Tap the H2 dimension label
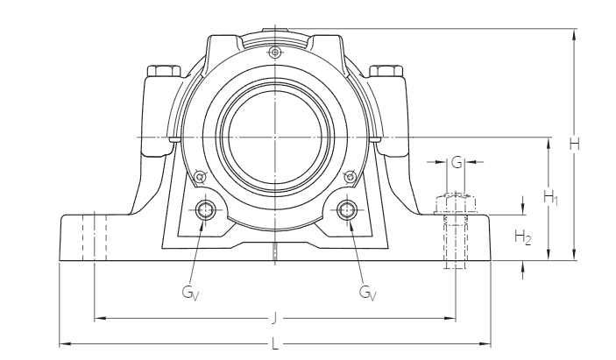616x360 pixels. (x=522, y=236)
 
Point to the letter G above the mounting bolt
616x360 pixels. (x=456, y=163)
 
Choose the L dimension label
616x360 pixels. (x=275, y=342)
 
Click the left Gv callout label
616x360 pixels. (x=190, y=293)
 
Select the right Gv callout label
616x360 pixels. (x=367, y=293)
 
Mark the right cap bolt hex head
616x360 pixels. (x=386, y=70)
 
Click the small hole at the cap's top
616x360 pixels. (x=275, y=53)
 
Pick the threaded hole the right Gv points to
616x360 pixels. (x=348, y=209)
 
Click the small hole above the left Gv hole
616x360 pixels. (x=200, y=175)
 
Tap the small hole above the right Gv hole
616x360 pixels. (x=351, y=175)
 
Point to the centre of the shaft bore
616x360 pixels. (x=275, y=138)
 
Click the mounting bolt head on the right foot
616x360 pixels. (x=455, y=202)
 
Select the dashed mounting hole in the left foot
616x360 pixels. (x=94, y=236)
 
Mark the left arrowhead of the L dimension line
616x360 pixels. (x=62, y=342)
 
